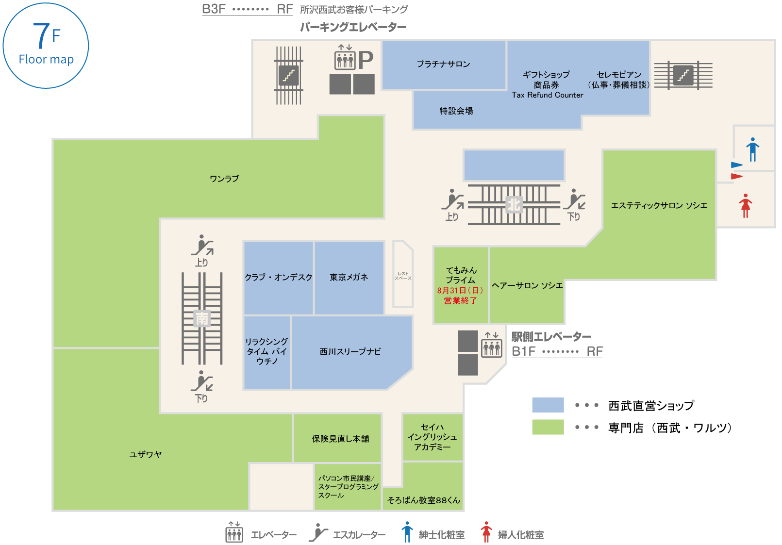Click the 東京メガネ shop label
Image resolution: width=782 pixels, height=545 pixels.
(349, 277)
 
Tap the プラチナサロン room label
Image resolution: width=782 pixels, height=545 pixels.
(443, 64)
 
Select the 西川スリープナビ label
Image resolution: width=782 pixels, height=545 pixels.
(350, 351)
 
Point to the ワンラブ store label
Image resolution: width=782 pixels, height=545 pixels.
(224, 179)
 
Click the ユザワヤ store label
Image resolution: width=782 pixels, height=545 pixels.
(145, 454)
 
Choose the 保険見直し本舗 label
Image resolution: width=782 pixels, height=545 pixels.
(340, 439)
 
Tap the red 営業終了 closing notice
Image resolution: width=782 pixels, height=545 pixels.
(460, 301)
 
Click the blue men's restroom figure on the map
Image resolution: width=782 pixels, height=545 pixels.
(752, 149)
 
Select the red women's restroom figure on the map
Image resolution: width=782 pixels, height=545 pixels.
(746, 206)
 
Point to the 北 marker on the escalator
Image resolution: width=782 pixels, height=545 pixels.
(514, 204)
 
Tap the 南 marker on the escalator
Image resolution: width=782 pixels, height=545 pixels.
(202, 318)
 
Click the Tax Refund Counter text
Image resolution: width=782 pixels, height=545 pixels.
(547, 95)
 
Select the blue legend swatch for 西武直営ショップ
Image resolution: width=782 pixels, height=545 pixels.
(548, 405)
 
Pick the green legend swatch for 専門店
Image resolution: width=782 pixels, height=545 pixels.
(548, 427)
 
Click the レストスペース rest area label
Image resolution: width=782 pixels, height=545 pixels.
(403, 276)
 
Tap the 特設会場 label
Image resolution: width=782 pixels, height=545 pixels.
(456, 111)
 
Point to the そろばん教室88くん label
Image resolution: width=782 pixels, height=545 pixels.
(423, 500)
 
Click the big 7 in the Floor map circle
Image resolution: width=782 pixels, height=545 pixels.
(41, 36)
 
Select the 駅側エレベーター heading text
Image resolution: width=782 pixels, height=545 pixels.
(551, 336)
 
